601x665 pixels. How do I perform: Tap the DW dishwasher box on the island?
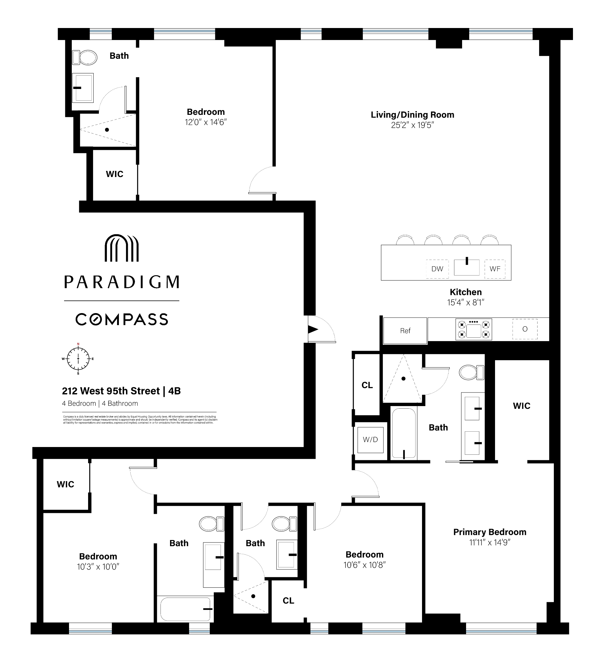tap(437, 268)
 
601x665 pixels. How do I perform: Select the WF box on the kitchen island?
tap(494, 268)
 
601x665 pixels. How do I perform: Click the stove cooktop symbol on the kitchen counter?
tap(473, 329)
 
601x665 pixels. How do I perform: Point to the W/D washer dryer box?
tap(370, 439)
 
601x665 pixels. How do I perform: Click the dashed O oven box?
tap(524, 329)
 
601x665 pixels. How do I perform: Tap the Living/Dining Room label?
tap(412, 115)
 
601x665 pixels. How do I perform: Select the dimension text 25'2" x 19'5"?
tap(412, 125)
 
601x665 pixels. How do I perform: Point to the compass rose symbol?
tap(78, 358)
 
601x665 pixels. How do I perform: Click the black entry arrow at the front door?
tap(313, 329)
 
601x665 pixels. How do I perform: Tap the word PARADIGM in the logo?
tap(121, 282)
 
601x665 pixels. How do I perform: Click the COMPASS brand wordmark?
tap(121, 319)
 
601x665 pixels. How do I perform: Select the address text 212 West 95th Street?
tap(111, 391)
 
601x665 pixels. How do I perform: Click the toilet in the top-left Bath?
tap(85, 57)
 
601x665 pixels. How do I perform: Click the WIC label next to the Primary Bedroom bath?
tap(521, 406)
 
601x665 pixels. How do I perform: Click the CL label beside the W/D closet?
tap(367, 385)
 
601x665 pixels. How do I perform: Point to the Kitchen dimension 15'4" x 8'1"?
tap(465, 302)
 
